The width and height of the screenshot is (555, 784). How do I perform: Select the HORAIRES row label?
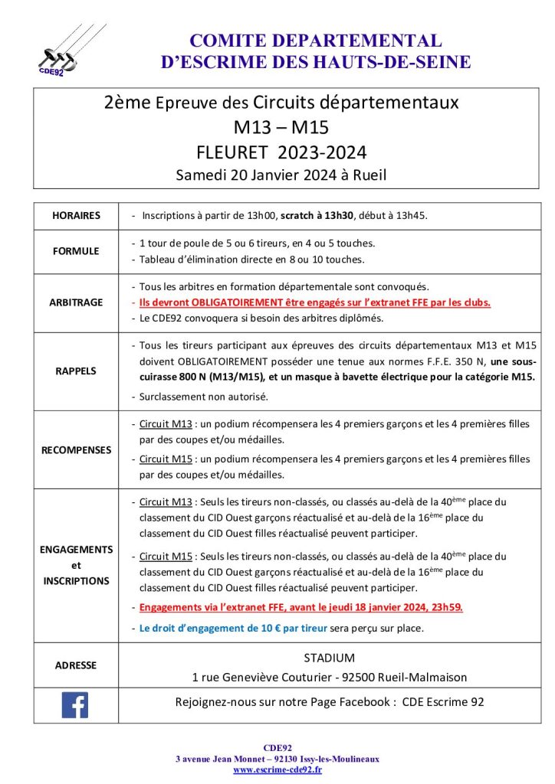(76, 216)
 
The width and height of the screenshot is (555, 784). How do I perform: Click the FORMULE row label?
(76, 251)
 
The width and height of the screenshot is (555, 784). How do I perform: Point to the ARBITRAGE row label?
(76, 302)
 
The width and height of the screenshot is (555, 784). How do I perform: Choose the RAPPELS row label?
(76, 371)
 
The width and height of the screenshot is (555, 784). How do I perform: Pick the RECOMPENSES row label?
(76, 449)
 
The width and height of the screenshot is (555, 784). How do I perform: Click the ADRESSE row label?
(76, 665)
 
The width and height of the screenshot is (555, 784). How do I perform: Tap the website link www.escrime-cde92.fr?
(277, 769)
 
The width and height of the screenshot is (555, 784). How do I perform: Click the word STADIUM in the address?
(329, 658)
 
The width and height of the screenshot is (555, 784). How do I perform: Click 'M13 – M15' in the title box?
(281, 126)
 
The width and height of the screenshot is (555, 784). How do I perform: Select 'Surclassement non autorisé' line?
(203, 397)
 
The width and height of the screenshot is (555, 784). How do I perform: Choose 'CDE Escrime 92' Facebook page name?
(443, 702)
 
